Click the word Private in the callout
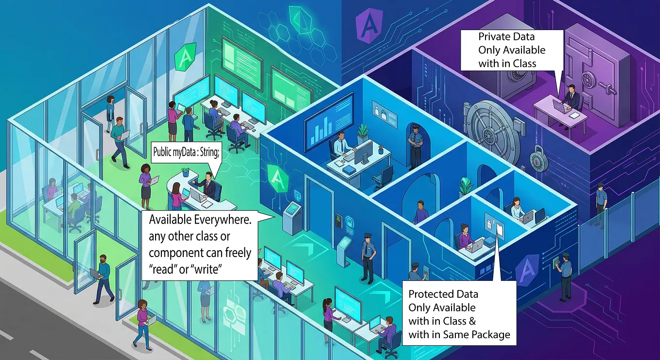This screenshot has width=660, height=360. [494, 36]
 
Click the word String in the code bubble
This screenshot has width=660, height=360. [209, 153]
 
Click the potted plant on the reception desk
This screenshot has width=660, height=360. [185, 172]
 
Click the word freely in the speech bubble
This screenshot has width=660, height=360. [238, 253]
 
